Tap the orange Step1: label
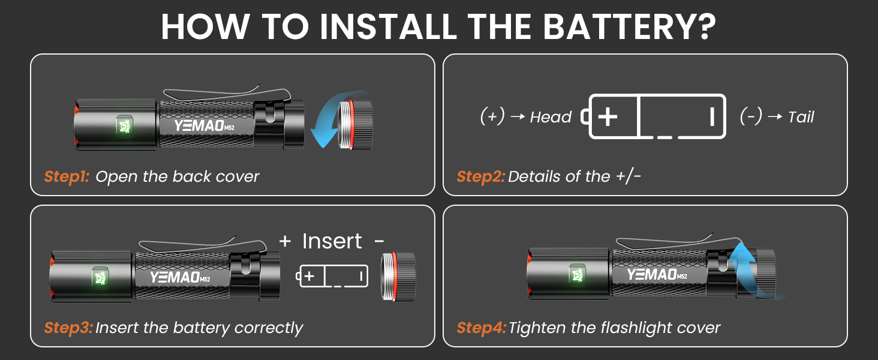click(x=66, y=176)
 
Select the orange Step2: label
click(x=480, y=176)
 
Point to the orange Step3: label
click(x=68, y=328)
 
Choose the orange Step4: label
click(x=481, y=328)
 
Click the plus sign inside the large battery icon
click(x=608, y=116)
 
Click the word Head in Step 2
click(x=551, y=117)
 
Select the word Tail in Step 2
click(x=801, y=117)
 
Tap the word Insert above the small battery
click(x=332, y=241)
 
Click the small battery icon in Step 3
click(x=333, y=276)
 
